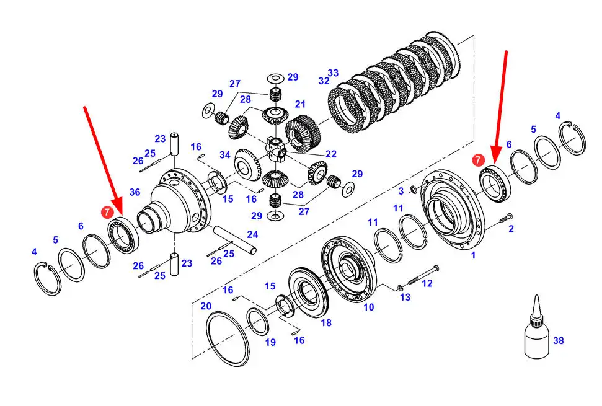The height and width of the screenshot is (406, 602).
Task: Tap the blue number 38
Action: click(559, 340)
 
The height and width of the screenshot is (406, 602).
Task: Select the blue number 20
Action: click(206, 306)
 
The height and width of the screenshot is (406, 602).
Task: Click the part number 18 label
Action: click(326, 323)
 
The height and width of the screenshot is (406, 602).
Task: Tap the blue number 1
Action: click(473, 255)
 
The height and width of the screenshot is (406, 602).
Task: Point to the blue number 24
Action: click(252, 234)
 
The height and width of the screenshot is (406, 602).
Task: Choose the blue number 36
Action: click(135, 192)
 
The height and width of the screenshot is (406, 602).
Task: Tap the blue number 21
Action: click(301, 104)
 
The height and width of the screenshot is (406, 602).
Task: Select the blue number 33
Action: click(333, 73)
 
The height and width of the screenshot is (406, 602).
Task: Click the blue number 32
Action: click(324, 81)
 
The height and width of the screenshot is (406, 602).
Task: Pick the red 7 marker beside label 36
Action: click(107, 213)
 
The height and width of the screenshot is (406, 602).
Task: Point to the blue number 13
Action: click(405, 298)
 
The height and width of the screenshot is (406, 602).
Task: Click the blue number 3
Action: click(402, 190)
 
